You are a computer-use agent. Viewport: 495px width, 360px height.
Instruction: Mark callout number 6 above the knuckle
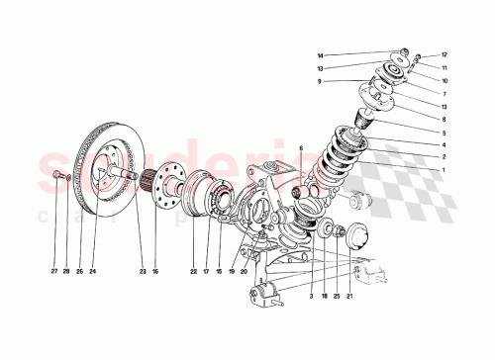(x=301, y=148)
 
